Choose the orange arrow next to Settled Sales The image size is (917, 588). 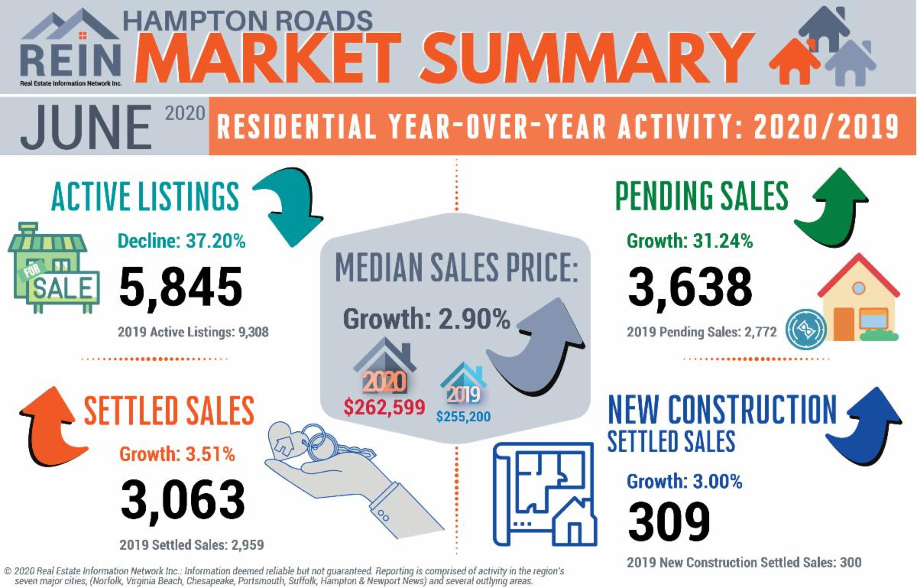click(x=48, y=424)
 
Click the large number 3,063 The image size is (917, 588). click(x=183, y=499)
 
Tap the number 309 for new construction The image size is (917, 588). click(x=669, y=521)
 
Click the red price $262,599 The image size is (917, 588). click(x=384, y=407)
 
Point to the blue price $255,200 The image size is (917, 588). click(x=464, y=417)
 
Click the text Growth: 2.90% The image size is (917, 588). click(x=426, y=318)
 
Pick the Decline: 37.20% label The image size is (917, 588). click(x=182, y=242)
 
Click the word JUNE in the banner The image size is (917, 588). click(x=86, y=127)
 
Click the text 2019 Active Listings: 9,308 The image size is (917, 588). click(x=193, y=333)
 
